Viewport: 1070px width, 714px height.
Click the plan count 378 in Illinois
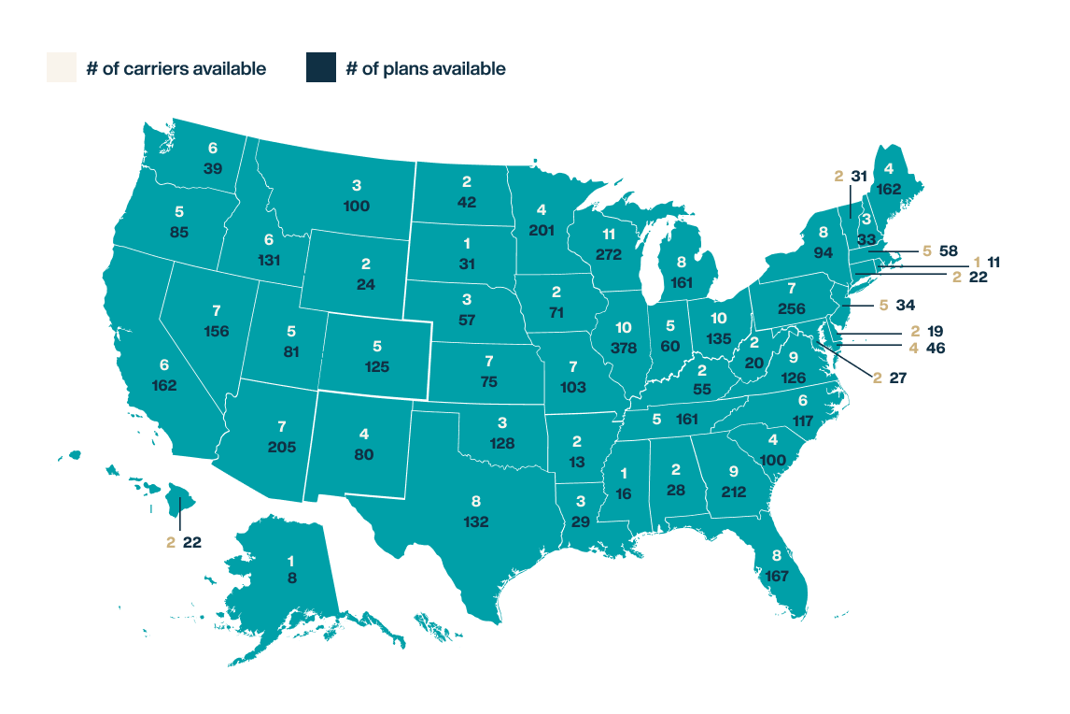(x=625, y=348)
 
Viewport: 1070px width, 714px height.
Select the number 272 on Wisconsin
(x=587, y=254)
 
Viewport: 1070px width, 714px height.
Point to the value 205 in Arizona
(x=282, y=448)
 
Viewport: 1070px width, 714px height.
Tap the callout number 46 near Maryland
(x=935, y=347)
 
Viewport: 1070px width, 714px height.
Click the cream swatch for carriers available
(x=61, y=68)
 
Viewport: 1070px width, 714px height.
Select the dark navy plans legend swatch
(x=321, y=68)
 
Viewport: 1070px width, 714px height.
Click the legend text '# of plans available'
(x=426, y=68)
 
